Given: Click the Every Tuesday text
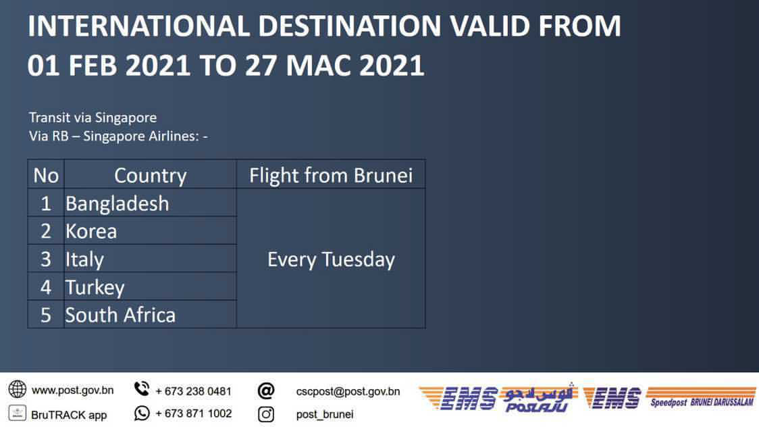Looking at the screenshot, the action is point(331,259).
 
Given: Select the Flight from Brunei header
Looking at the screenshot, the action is point(331,175).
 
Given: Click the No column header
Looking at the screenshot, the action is point(46,175).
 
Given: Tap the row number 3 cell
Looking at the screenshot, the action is point(45,259).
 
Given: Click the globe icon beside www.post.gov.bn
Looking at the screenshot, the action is point(18,389).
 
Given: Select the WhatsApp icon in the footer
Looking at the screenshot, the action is point(142,413).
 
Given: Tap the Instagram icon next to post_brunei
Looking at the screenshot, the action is point(266,414).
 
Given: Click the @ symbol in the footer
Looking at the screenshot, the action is point(266,391).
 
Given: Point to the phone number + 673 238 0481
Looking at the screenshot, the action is point(193,391).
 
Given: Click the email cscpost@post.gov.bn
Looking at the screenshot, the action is point(348,391).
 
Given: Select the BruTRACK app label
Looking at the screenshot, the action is point(69,415).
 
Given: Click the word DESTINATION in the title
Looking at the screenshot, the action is point(350,26).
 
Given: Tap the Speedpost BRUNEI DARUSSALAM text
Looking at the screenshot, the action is point(702,402).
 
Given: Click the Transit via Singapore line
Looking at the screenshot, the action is point(93,118).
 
